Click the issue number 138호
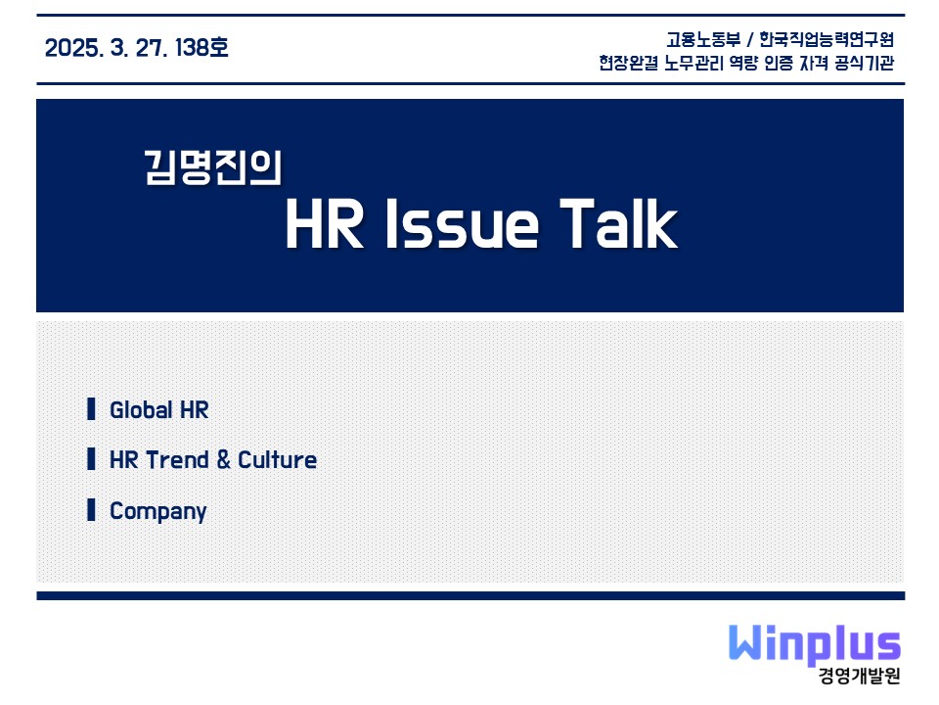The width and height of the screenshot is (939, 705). (201, 47)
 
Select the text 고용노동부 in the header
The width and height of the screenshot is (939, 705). (703, 39)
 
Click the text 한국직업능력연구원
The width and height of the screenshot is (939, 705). (827, 39)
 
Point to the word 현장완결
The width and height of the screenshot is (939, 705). (628, 63)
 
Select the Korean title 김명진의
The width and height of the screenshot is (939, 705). (212, 167)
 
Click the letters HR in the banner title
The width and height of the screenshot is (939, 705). (325, 223)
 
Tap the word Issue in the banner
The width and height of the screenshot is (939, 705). (462, 223)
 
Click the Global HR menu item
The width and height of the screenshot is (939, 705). (159, 410)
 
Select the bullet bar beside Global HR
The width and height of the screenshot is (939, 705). (91, 409)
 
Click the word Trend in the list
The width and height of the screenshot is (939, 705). (177, 460)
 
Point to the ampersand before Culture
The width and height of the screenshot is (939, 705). (223, 460)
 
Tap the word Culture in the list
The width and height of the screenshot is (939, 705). (277, 460)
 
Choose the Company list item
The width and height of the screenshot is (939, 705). (158, 511)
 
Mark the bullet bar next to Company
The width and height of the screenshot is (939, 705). (91, 509)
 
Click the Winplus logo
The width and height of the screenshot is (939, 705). (815, 644)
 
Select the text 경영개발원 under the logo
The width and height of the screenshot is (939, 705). (860, 676)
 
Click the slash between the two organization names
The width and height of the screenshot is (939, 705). (750, 40)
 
